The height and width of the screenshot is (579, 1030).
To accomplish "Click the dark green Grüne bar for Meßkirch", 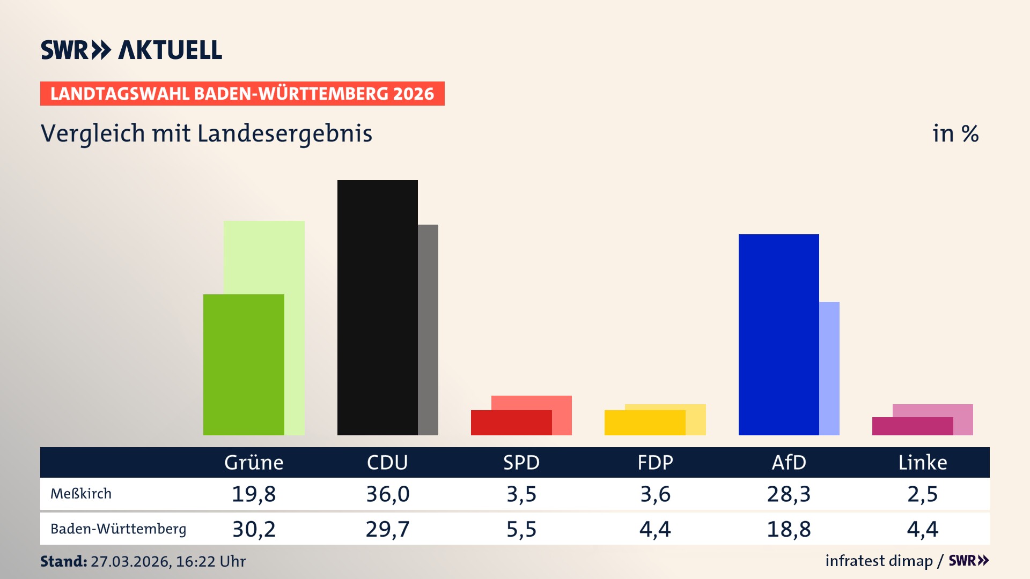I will tap(244, 365).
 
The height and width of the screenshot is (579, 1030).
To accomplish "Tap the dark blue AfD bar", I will tap(778, 335).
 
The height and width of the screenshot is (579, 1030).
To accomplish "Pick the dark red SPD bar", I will tap(511, 423).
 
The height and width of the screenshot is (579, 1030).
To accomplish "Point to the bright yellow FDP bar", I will tap(644, 423).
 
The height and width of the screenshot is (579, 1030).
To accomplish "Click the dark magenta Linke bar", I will tap(912, 426).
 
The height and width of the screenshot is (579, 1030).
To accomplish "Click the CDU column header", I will tap(387, 462).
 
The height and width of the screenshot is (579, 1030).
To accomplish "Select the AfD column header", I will tap(789, 462).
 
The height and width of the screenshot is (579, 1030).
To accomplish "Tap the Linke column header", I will tap(923, 462).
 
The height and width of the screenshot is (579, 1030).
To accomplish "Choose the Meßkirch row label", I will tap(81, 494).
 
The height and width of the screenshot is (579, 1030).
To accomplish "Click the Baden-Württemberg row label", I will tap(119, 529).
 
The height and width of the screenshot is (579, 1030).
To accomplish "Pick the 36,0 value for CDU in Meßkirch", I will tap(387, 494).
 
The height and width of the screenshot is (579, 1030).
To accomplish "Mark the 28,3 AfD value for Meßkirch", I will tap(789, 494).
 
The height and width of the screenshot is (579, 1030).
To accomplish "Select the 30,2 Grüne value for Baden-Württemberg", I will tap(254, 529).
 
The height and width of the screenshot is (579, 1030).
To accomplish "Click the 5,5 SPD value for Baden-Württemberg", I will tap(521, 529).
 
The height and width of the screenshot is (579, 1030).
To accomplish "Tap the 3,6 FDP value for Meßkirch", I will tap(655, 494).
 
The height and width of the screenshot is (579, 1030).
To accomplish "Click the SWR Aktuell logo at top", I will tap(131, 50).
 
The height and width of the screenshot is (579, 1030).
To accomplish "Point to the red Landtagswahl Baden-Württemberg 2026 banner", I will tap(242, 94).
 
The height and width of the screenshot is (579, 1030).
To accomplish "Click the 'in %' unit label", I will tap(955, 133).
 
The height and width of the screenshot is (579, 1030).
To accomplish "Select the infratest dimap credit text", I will tap(879, 561).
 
